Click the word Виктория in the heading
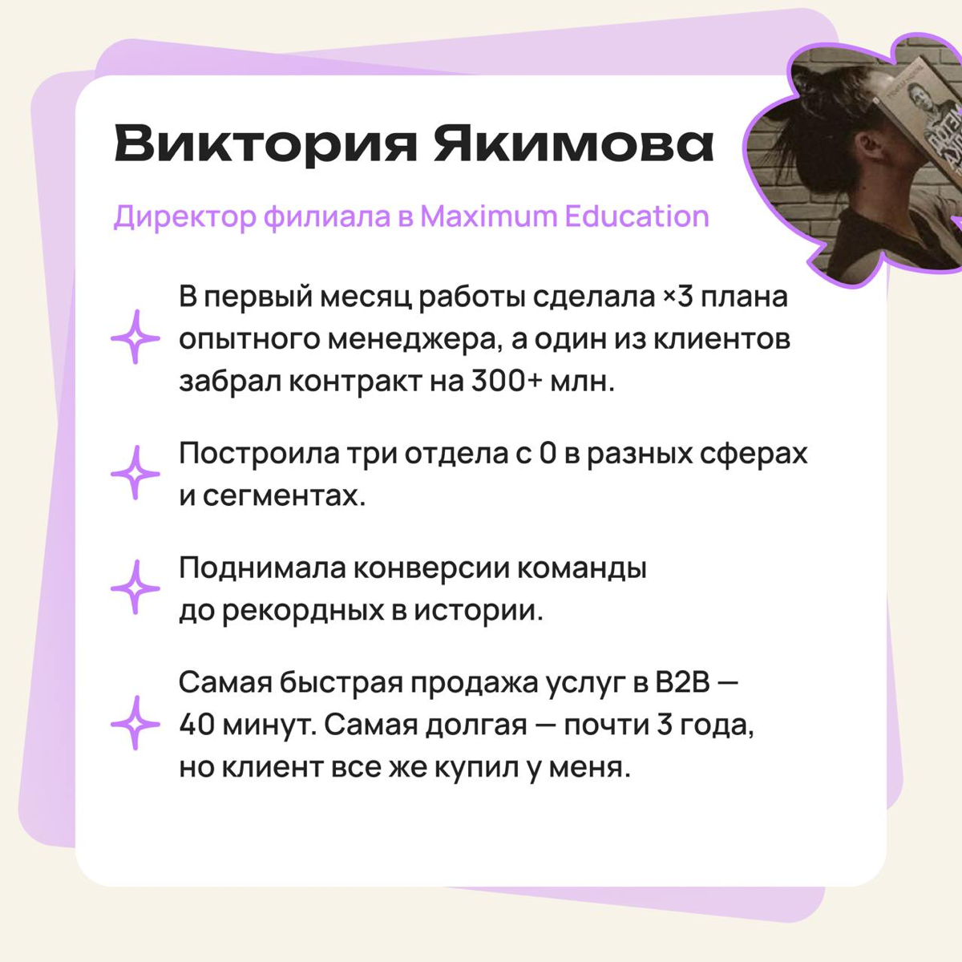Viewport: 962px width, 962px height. tap(265, 144)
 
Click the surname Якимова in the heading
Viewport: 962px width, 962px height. tap(573, 144)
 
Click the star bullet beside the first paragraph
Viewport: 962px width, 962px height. tap(135, 338)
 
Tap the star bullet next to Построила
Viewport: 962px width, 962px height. tap(135, 473)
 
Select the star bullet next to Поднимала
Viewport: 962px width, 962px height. tap(135, 588)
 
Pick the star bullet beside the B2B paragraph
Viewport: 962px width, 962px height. tap(135, 723)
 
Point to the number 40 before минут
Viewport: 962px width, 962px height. tap(196, 726)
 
